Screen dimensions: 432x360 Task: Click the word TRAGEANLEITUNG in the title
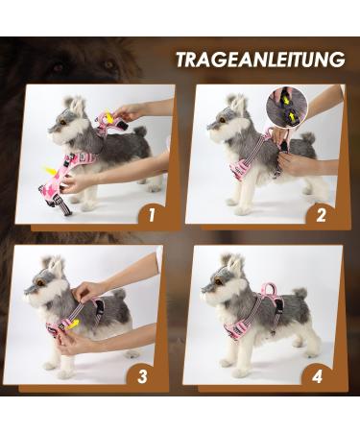tap(259, 60)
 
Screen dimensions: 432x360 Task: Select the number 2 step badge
tap(322, 214)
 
